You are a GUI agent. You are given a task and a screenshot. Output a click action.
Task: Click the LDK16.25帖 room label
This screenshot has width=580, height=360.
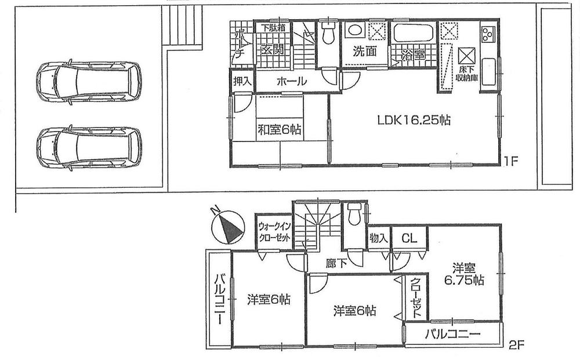pyautogui.click(x=414, y=121)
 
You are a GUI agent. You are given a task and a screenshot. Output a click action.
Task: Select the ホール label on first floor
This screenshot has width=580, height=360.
pyautogui.click(x=291, y=82)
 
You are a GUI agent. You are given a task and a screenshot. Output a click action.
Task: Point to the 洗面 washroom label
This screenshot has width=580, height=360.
pyautogui.click(x=365, y=51)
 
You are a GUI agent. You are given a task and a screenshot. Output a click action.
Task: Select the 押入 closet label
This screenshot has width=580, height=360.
pyautogui.click(x=242, y=81)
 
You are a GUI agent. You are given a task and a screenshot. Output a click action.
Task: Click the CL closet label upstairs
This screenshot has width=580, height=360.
pyautogui.click(x=409, y=238)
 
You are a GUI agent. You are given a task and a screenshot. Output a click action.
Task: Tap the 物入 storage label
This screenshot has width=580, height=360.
pyautogui.click(x=379, y=238)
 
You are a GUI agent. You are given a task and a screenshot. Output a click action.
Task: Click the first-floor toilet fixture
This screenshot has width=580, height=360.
pyautogui.click(x=328, y=34)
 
